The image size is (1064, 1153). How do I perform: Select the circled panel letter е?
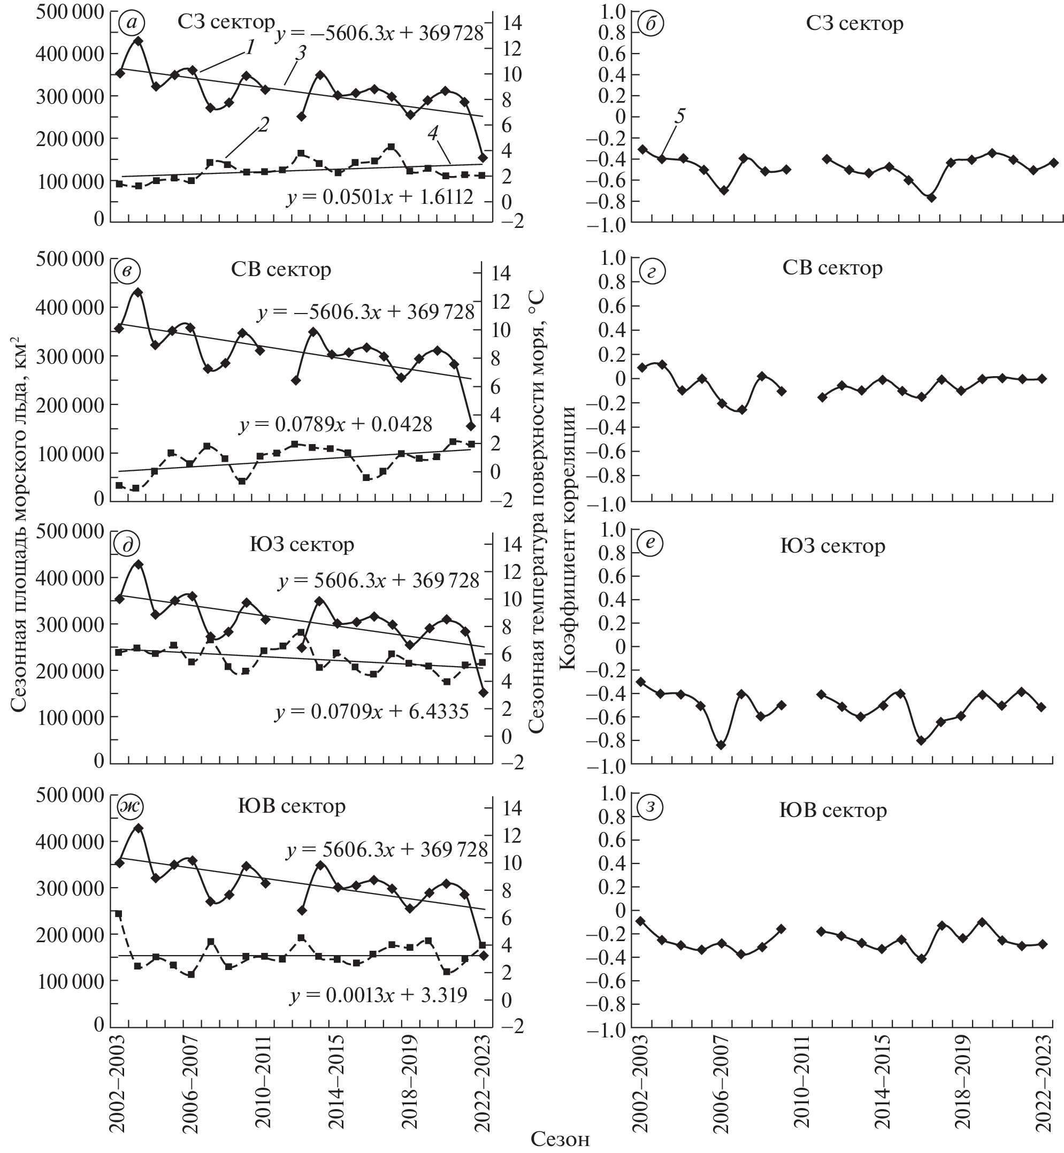[x=652, y=545]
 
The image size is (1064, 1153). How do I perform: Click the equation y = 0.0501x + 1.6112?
[x=380, y=197]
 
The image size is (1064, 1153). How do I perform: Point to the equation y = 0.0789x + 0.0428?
[x=335, y=424]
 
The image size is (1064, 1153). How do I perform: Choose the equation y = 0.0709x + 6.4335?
[x=372, y=713]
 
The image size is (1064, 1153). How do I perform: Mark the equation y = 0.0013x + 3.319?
[x=379, y=995]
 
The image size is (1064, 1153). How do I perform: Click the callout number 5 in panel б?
[x=680, y=116]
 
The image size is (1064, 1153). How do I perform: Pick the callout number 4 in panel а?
[x=433, y=133]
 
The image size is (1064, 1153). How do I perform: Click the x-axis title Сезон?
[x=560, y=1138]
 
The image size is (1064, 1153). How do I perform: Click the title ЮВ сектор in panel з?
[x=832, y=811]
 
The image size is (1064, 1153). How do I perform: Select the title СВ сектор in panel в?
[x=281, y=270]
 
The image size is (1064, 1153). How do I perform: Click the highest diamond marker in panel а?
[x=138, y=41]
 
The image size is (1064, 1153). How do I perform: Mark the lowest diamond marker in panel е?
[x=720, y=745]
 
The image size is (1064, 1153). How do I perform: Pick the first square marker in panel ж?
[x=119, y=914]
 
